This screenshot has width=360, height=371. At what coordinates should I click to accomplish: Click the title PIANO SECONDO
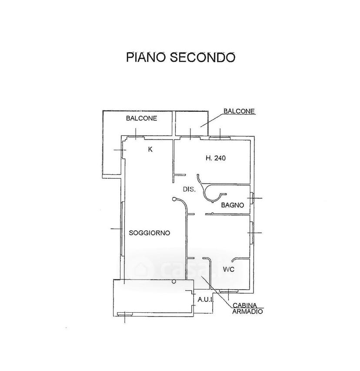[x=181, y=57]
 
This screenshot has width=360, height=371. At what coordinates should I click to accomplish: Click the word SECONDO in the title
[x=203, y=57]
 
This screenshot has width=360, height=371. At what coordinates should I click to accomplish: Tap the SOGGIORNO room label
[x=150, y=233]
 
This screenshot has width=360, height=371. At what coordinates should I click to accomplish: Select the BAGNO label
[x=232, y=205]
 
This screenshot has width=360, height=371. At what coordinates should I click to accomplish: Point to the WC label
[x=229, y=269]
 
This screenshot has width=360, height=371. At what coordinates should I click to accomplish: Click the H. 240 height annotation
[x=216, y=158]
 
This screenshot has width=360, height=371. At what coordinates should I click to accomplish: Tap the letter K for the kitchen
[x=150, y=150]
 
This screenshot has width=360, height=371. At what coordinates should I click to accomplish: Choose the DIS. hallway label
[x=189, y=189]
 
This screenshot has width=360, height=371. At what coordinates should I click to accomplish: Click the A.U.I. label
[x=205, y=300]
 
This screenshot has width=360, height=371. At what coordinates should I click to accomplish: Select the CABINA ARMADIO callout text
[x=247, y=308]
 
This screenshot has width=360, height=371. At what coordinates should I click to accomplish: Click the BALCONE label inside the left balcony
[x=141, y=118]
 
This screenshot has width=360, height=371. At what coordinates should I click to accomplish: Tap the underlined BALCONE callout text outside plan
[x=239, y=111]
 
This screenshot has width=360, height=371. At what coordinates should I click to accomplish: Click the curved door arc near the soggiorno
[x=184, y=203]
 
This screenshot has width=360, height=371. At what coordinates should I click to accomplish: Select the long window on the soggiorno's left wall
[x=122, y=229]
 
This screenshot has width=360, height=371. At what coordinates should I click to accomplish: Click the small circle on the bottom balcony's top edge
[x=174, y=281]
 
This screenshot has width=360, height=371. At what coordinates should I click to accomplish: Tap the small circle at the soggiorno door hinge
[x=174, y=199]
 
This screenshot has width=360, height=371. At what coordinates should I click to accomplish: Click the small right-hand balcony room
[x=192, y=123]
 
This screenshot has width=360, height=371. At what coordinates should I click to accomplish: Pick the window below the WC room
[x=229, y=291]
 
